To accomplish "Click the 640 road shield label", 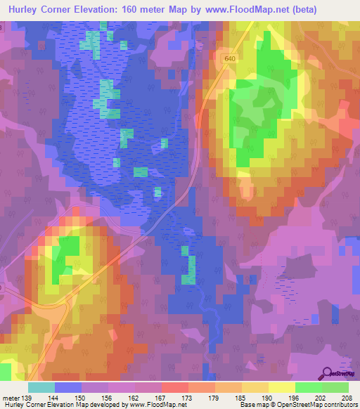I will pyautogui.click(x=230, y=58).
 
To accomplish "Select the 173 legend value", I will pyautogui.click(x=188, y=398).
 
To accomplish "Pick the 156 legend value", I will pyautogui.click(x=108, y=398).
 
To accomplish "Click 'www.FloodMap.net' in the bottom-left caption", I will pyautogui.click(x=150, y=405).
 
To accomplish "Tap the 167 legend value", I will pyautogui.click(x=161, y=398).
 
